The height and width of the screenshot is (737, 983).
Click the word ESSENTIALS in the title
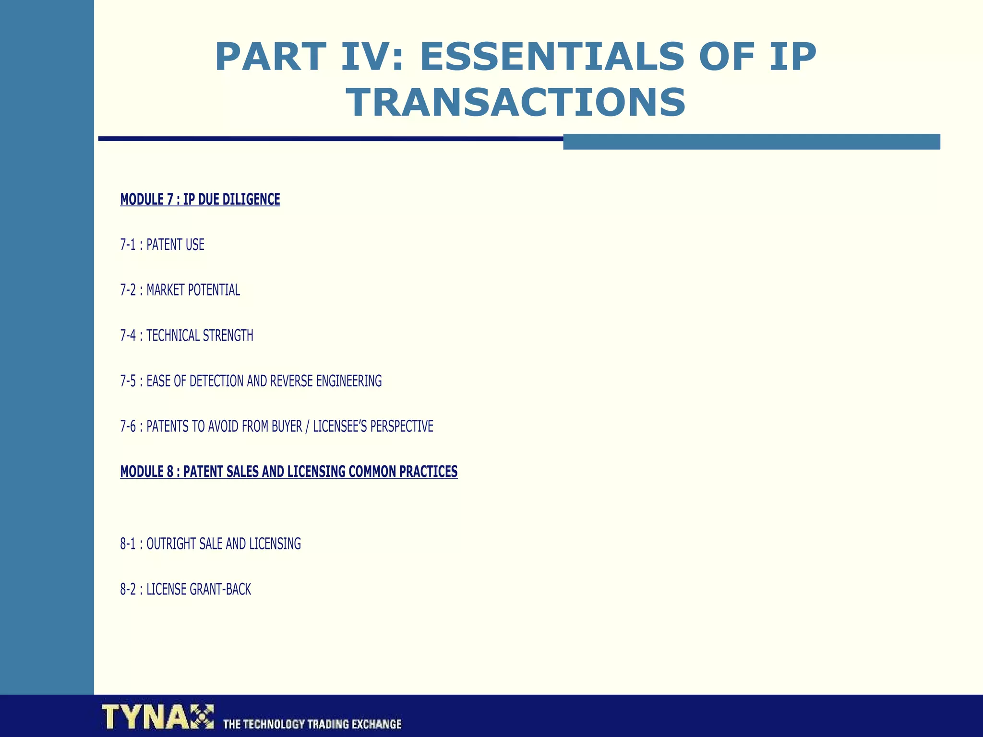552,57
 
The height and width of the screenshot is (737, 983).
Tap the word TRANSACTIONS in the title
516,103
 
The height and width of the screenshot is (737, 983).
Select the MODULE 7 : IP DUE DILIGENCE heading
200,199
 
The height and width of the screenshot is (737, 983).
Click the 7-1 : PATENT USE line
162,245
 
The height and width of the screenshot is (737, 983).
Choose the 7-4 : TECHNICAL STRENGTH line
187,335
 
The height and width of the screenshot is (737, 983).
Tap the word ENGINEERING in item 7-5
349,381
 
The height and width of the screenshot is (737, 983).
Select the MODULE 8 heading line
288,472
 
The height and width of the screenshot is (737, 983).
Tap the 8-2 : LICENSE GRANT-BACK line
185,589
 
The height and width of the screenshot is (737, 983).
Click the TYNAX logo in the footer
157,717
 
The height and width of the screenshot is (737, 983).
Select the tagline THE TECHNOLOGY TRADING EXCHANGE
312,724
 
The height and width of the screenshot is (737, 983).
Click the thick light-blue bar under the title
751,142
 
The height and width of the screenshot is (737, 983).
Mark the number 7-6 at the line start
128,426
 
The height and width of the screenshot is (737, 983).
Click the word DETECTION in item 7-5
216,381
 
